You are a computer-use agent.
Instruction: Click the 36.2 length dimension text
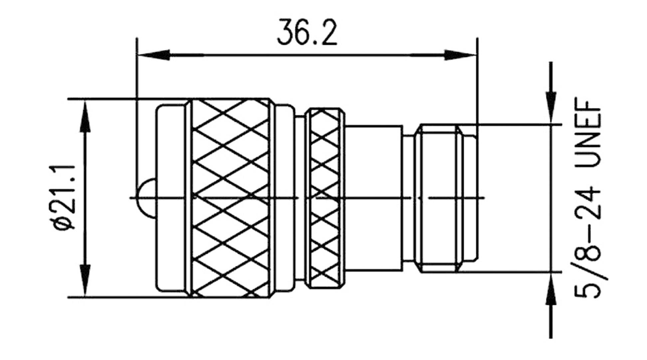[x=307, y=33]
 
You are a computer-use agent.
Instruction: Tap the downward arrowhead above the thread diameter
[x=551, y=106]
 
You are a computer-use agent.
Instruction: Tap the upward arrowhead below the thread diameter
[x=551, y=289]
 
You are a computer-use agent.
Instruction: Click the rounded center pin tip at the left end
[x=146, y=198]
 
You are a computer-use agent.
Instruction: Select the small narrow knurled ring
[x=325, y=198]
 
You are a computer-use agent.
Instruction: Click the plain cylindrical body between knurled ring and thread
[x=374, y=198]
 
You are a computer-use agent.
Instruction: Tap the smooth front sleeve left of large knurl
[x=171, y=198]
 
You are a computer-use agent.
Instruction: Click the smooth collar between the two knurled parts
[x=285, y=198]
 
